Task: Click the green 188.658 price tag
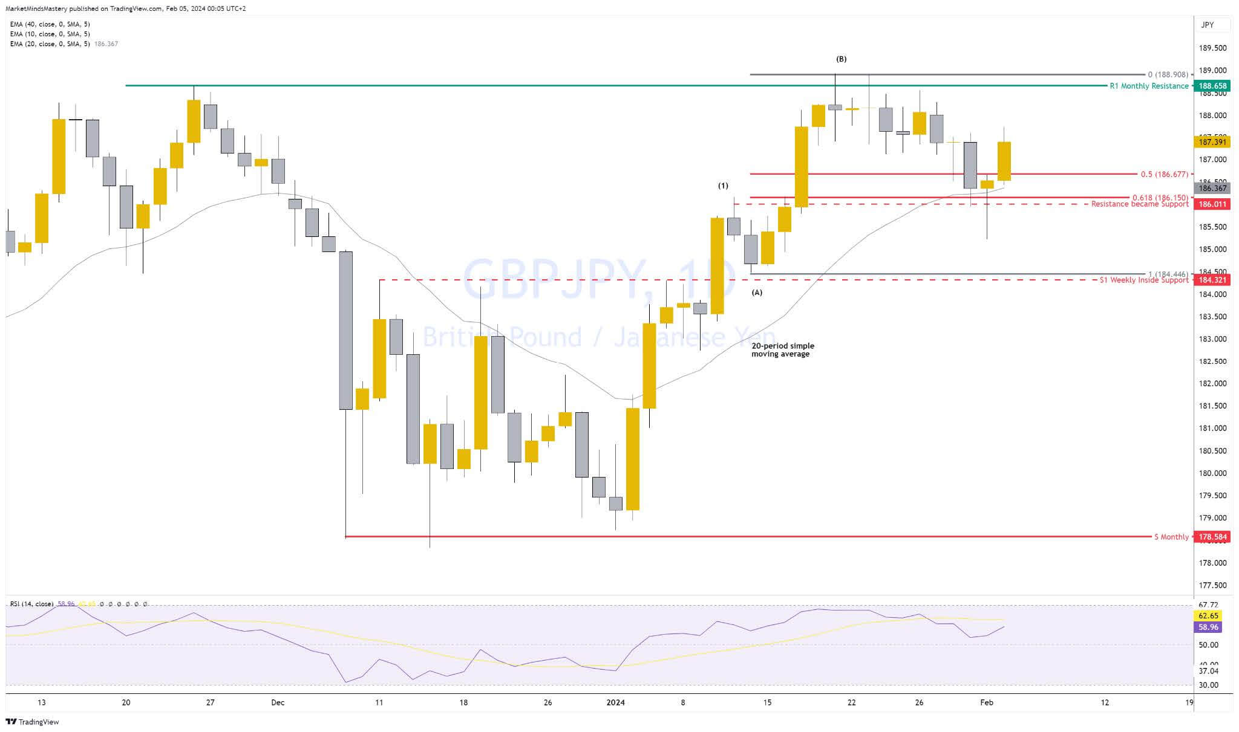1212,86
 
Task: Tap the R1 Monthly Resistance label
1148,86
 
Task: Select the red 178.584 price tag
1212,537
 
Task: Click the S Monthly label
1171,537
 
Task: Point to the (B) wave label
842,59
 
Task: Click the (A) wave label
757,293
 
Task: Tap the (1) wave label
723,186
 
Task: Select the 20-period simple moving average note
783,350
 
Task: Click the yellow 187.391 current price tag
1212,142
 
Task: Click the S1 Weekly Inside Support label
1143,280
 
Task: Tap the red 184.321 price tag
1212,280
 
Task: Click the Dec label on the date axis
278,702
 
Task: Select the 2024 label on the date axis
615,702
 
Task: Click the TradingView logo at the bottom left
33,722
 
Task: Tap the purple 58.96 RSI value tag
1209,627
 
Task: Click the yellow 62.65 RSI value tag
1209,616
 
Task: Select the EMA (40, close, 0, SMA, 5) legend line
50,24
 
